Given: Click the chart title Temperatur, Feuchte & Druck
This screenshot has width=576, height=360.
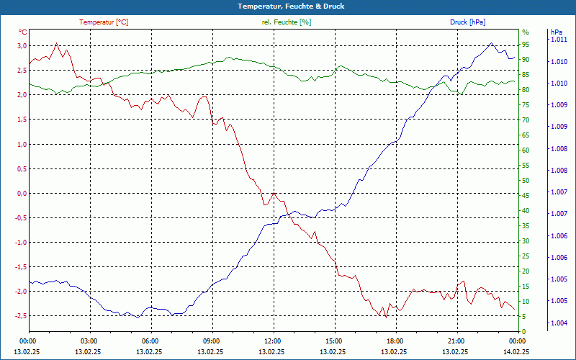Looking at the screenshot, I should [288, 6].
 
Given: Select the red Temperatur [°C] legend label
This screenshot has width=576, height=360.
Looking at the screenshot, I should [104, 22].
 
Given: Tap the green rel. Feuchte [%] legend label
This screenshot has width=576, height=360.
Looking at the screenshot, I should [287, 22].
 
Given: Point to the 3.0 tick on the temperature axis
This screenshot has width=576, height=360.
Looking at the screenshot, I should [22, 46].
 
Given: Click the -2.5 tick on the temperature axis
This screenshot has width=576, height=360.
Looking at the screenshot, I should [20, 315].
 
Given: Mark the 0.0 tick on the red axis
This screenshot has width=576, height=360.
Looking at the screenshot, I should [22, 193].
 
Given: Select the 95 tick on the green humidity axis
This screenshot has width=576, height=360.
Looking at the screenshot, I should [526, 44].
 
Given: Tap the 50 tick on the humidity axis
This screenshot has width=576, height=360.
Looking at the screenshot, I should [526, 180].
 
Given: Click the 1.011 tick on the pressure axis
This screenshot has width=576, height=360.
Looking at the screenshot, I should [559, 40].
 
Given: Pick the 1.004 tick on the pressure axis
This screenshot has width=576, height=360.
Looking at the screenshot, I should [559, 323].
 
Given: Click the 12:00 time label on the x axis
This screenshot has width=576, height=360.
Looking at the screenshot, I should [272, 341].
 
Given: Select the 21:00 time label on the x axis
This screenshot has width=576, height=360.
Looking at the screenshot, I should [455, 341].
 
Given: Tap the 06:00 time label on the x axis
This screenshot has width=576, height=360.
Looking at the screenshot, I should [150, 341].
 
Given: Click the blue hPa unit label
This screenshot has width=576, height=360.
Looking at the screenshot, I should [557, 32].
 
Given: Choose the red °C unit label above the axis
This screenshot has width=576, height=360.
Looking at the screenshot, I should [23, 32].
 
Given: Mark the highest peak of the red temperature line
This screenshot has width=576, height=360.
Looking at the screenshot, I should [57, 43].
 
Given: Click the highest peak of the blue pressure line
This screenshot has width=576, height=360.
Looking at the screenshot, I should [492, 43].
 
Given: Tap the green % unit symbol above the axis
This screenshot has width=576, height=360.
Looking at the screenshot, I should [525, 32].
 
